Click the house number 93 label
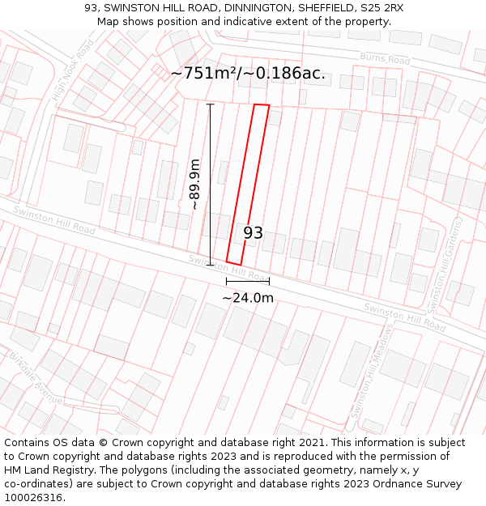tap(254, 233)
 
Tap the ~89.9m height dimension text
tap(194, 185)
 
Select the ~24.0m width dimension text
tap(248, 297)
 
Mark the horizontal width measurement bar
tap(248, 281)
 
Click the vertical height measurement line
tap(211, 185)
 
